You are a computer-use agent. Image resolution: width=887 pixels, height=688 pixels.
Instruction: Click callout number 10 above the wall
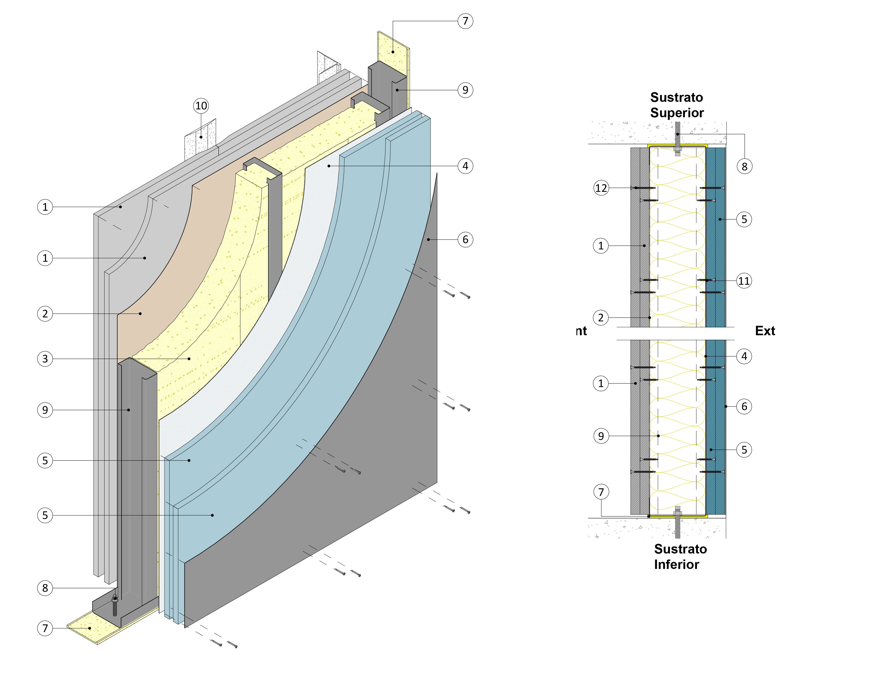[201, 106]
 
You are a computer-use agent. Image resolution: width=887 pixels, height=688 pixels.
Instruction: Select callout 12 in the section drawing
[601, 188]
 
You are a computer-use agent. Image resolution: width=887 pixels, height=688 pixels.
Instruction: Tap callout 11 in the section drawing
[744, 281]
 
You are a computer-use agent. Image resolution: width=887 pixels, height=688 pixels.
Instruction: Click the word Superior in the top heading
[677, 113]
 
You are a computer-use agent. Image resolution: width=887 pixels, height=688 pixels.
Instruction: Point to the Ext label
[765, 331]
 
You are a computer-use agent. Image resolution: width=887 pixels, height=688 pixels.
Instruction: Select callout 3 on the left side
[45, 359]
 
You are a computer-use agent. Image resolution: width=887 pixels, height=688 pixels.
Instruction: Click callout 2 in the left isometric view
[45, 314]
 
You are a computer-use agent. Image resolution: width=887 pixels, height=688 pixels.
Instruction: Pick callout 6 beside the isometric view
[465, 239]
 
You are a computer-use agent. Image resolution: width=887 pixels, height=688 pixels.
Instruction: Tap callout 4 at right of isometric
[465, 166]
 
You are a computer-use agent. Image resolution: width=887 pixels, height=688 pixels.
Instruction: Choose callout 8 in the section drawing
[744, 166]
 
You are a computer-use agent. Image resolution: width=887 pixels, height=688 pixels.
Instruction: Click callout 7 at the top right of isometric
[465, 21]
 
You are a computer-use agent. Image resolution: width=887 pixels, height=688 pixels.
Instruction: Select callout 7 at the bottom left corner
[45, 628]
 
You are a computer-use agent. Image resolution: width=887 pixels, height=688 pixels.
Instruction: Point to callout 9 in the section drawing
[601, 436]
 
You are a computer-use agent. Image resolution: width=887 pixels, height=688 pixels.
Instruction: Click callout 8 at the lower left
[45, 588]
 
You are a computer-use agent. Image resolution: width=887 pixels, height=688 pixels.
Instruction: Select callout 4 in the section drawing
[744, 356]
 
